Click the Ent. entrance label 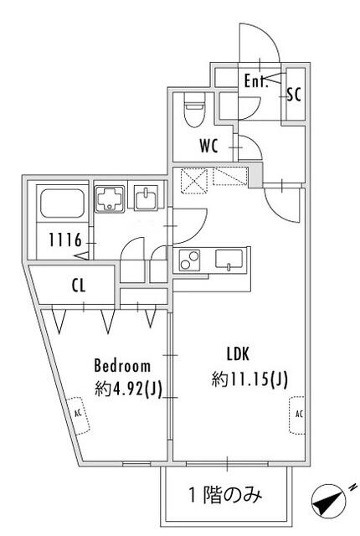[255, 81]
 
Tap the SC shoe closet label [294, 94]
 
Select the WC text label [209, 146]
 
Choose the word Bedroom [122, 365]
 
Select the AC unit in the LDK [297, 415]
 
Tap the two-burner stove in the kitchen [190, 260]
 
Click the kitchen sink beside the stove [228, 259]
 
